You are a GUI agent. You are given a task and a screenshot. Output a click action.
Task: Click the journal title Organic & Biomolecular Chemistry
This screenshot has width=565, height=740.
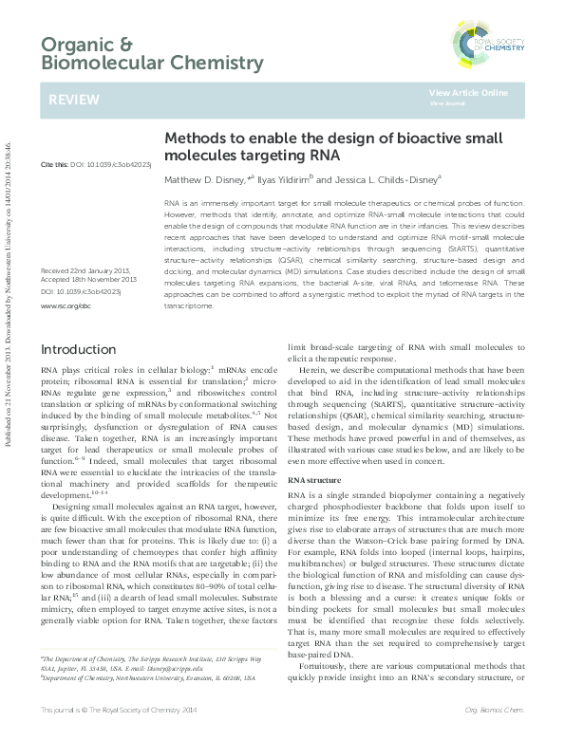pos(152,54)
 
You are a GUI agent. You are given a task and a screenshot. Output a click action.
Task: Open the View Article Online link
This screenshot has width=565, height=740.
pos(468,92)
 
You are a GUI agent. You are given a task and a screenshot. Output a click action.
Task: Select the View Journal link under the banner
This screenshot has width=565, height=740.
pos(445,103)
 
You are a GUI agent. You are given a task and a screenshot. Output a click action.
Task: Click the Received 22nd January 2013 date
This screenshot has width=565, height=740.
pos(86,244)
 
